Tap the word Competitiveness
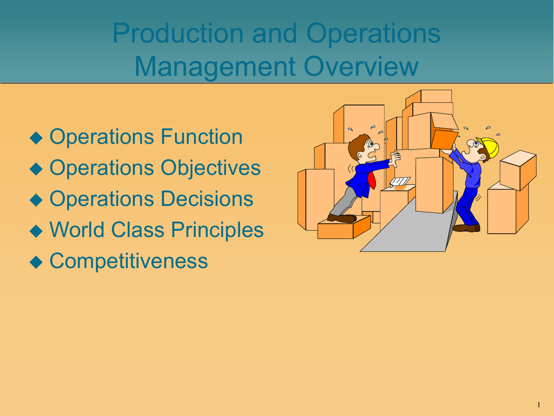coord(129,261)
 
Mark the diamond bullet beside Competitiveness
coord(36,263)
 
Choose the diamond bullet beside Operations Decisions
coord(36,200)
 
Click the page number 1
coord(539,405)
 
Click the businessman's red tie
coord(372,180)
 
